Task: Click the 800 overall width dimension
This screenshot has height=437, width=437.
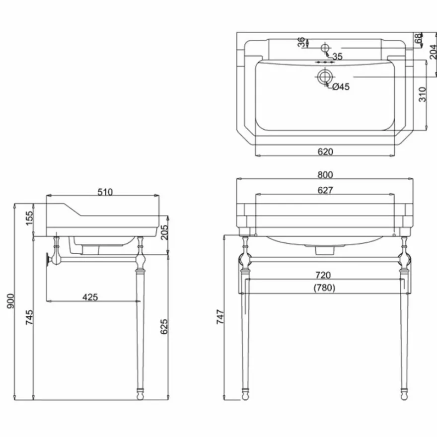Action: pos(325,175)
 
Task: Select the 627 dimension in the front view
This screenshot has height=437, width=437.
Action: pos(325,190)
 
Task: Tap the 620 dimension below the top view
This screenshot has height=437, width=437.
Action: pos(325,151)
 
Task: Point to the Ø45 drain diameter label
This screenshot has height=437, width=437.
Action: pos(341,87)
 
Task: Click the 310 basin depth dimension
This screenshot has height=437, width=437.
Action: pos(423,94)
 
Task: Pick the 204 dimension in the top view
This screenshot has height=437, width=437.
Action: pos(433,52)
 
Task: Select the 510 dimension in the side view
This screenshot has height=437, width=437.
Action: pos(105,192)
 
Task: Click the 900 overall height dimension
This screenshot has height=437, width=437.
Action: pos(10,301)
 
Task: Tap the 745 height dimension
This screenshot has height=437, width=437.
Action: pos(29,317)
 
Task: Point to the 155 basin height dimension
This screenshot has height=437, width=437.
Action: pos(29,218)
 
